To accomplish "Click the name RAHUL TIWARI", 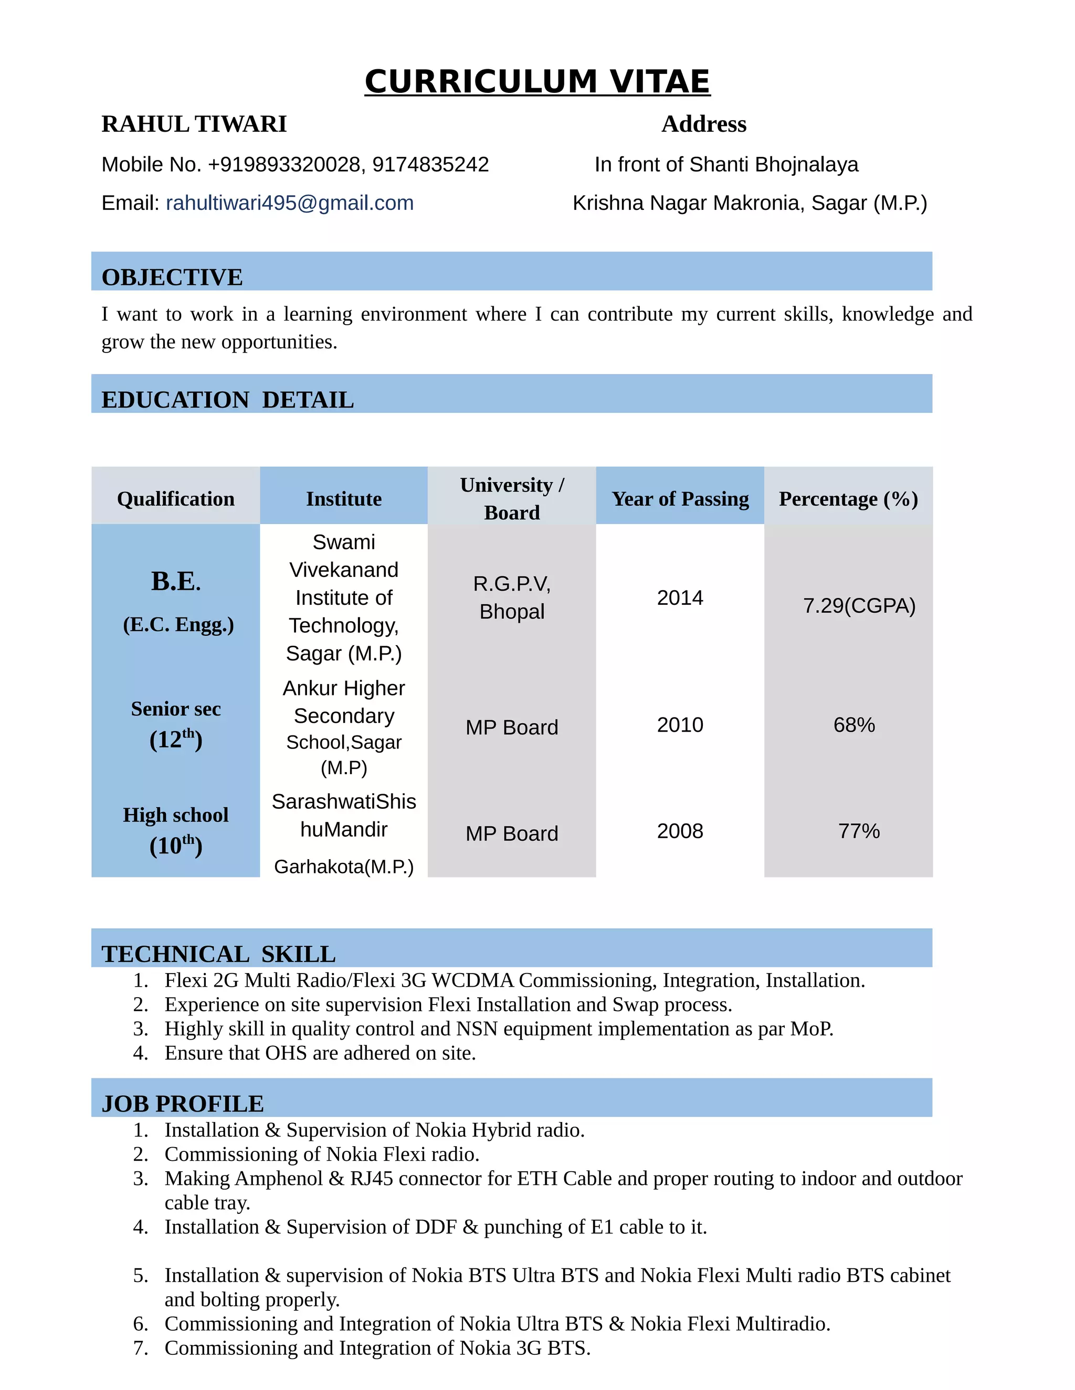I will click(x=194, y=124).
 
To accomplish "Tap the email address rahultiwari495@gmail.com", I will click(x=290, y=203).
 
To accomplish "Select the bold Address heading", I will click(x=704, y=124).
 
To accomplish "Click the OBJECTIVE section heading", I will click(x=172, y=277).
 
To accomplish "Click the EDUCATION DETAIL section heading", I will click(x=227, y=400).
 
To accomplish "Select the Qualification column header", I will click(x=176, y=499).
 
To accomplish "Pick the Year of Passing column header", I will click(x=680, y=499).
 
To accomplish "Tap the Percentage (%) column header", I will click(x=848, y=499).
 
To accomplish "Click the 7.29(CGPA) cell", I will click(x=859, y=606).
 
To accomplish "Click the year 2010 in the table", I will click(x=680, y=725).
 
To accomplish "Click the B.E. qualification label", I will click(x=176, y=581).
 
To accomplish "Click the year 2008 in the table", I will click(x=680, y=831).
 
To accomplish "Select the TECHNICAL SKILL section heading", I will click(x=218, y=954).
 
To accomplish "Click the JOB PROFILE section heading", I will click(x=183, y=1104).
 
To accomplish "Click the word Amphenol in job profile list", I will click(x=279, y=1179).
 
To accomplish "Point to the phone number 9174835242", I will click(x=430, y=165).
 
